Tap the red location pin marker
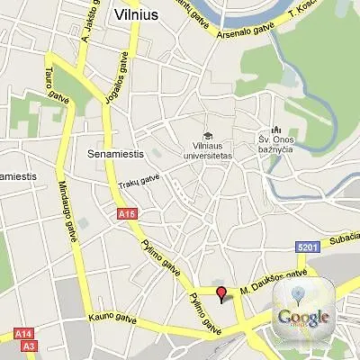tap(222, 292)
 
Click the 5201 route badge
tap(307, 247)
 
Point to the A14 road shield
tap(24, 334)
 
